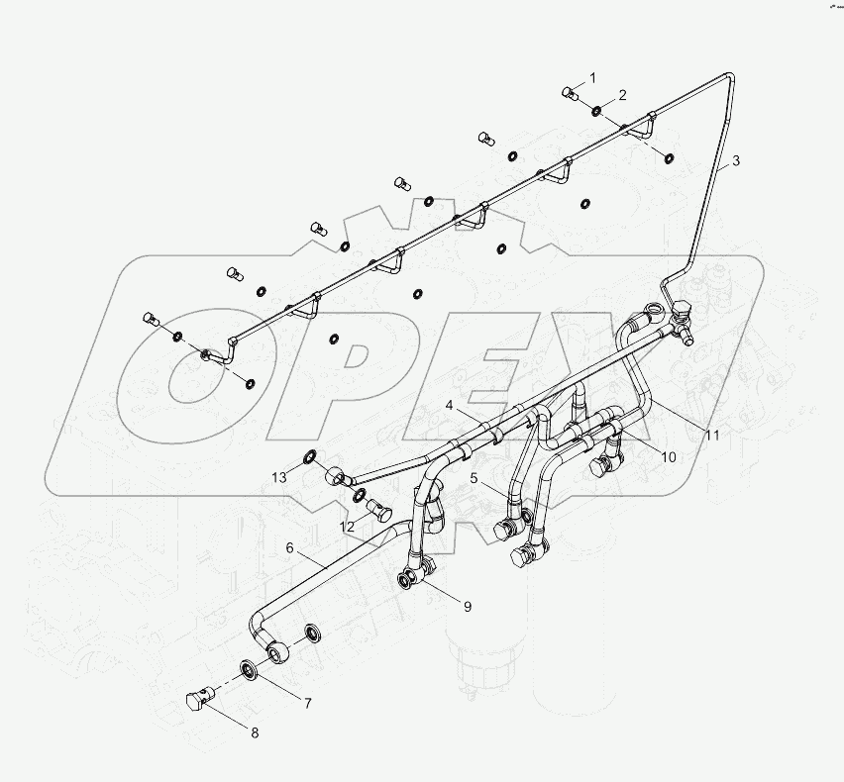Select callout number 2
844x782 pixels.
pyautogui.click(x=622, y=95)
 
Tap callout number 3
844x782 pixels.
pyautogui.click(x=735, y=160)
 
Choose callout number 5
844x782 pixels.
pyautogui.click(x=475, y=478)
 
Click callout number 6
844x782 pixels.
pyautogui.click(x=290, y=547)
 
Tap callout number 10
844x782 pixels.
pyautogui.click(x=669, y=457)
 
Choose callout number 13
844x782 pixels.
pyautogui.click(x=280, y=477)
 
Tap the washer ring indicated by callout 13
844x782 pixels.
pyautogui.click(x=311, y=457)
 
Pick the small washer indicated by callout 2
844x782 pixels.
pyautogui.click(x=595, y=110)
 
